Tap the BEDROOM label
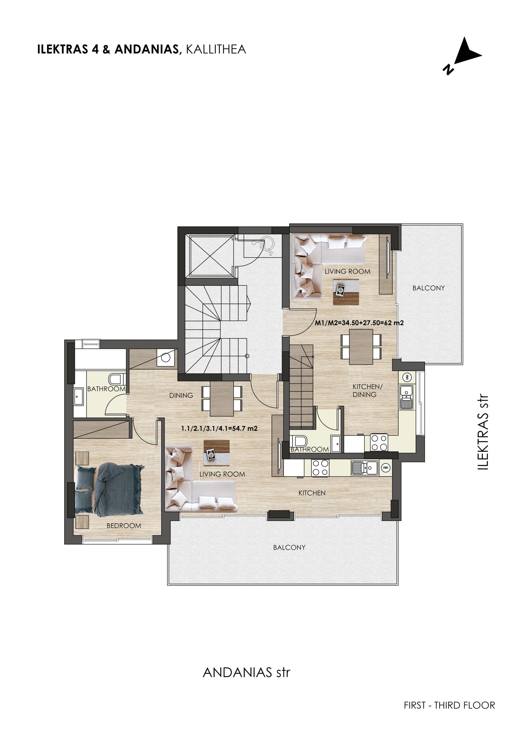124,526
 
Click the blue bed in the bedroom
109,489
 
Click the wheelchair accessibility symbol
266,245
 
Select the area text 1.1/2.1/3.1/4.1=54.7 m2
219,429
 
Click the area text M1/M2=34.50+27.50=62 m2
359,322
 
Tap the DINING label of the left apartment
181,395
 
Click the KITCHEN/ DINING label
366,390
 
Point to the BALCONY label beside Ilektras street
428,288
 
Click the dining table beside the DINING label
222,399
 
